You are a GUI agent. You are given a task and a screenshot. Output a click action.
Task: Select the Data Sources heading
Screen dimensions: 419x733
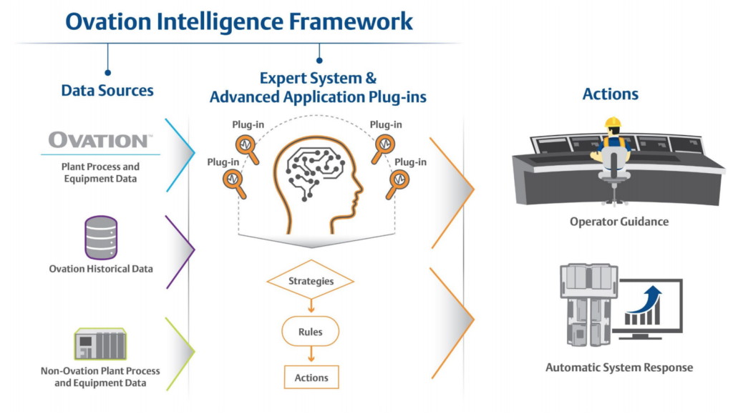tap(107, 91)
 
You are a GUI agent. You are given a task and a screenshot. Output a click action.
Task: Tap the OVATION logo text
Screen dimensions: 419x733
tap(99, 139)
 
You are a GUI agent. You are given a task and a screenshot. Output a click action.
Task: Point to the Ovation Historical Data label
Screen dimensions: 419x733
tap(101, 269)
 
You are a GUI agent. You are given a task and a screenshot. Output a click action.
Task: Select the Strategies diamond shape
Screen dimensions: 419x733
tap(311, 281)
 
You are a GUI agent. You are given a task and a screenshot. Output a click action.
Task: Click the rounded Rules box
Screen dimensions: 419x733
tap(311, 332)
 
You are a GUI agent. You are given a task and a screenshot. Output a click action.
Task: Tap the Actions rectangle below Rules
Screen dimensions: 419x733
tap(311, 377)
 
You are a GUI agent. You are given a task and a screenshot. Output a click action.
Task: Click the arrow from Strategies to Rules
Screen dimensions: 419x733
tap(311, 305)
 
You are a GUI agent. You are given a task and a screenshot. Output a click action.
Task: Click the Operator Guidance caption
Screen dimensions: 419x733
tap(618, 222)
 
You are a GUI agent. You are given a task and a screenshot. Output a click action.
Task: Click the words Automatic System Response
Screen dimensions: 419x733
tap(619, 368)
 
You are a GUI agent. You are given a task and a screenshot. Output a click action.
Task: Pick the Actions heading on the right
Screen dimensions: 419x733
tap(610, 94)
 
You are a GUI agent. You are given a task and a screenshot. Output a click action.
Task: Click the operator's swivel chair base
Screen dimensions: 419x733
tap(611, 196)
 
